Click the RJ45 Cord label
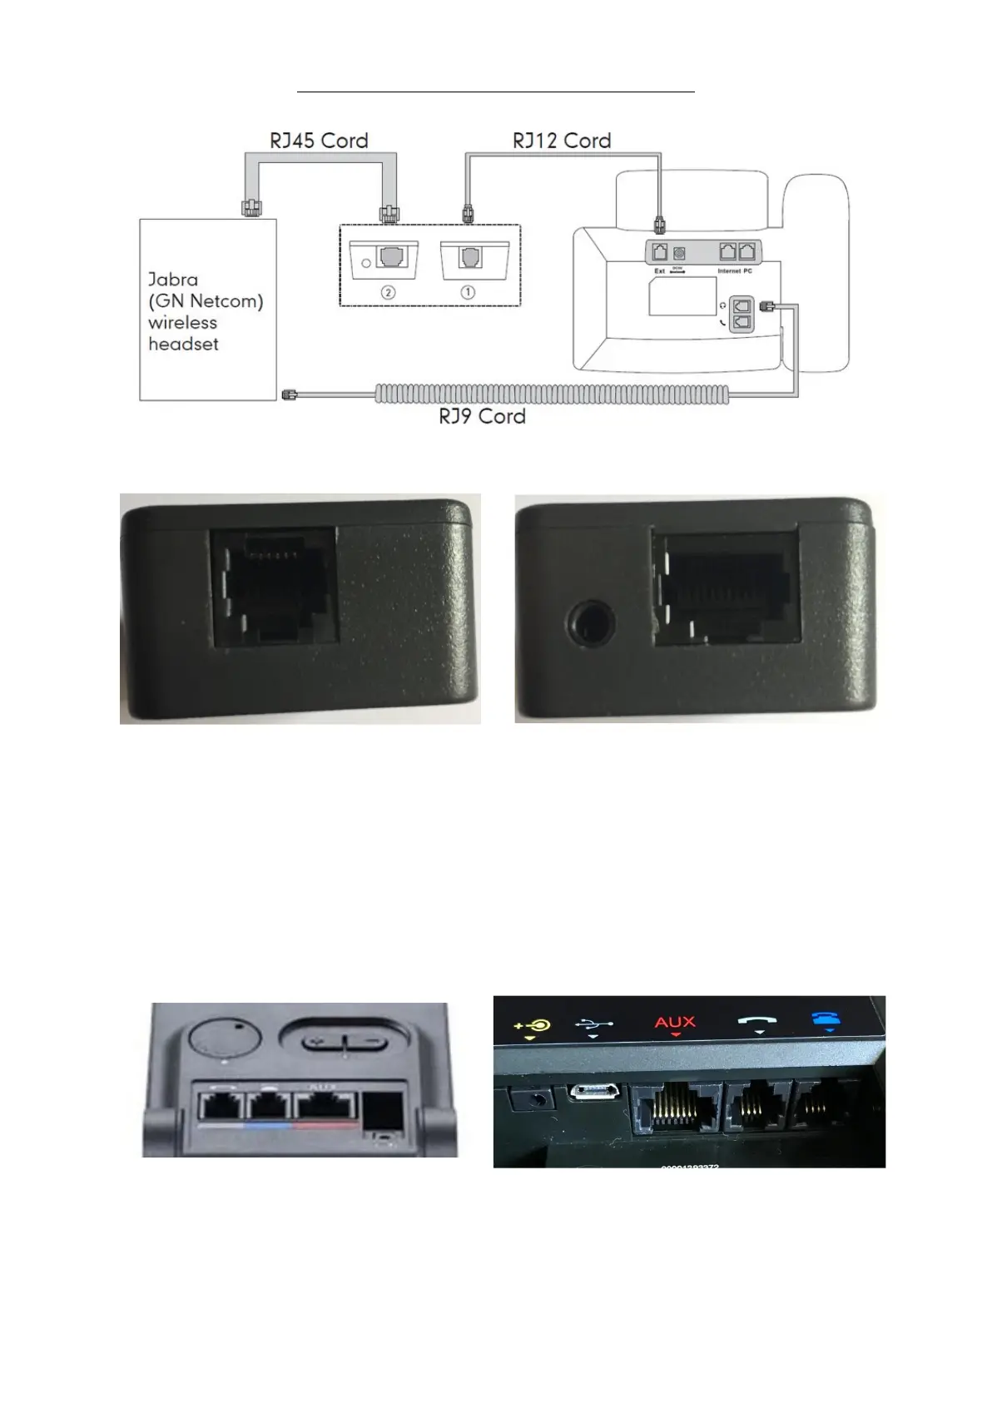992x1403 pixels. click(319, 141)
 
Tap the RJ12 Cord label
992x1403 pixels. click(562, 141)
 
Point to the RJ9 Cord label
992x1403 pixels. click(482, 416)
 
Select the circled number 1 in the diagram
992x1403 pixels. click(469, 292)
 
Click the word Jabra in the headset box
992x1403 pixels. click(173, 280)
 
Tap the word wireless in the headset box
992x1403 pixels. click(182, 323)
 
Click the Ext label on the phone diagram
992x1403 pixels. click(659, 271)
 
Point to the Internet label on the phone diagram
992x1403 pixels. click(729, 271)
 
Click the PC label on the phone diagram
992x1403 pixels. click(748, 271)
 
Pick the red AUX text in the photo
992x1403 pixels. click(675, 1022)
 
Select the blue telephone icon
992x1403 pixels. click(828, 1023)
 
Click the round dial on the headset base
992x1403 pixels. click(222, 1038)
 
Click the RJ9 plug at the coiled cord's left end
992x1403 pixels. click(290, 391)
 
